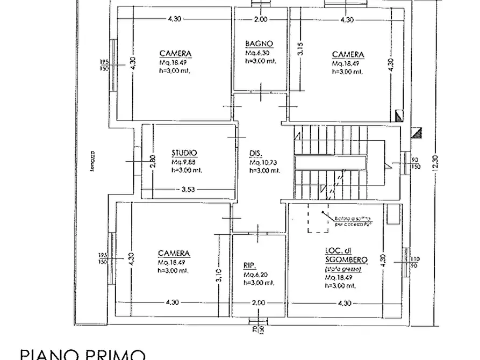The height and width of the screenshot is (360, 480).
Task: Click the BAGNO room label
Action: click(x=259, y=44)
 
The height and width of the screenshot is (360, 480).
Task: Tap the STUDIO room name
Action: click(x=184, y=152)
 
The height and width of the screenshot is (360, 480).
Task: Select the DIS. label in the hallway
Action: click(x=255, y=152)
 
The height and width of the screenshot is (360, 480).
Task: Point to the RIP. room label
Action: click(x=250, y=265)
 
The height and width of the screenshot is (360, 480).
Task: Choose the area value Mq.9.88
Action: click(x=184, y=162)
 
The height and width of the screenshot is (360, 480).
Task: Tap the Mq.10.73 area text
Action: click(x=262, y=162)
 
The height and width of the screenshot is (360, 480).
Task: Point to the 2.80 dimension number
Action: click(x=153, y=161)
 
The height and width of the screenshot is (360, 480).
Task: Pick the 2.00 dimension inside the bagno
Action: click(x=260, y=20)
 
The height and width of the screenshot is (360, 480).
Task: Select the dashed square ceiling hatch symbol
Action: click(x=318, y=219)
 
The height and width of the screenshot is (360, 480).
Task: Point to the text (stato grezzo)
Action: click(x=342, y=269)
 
